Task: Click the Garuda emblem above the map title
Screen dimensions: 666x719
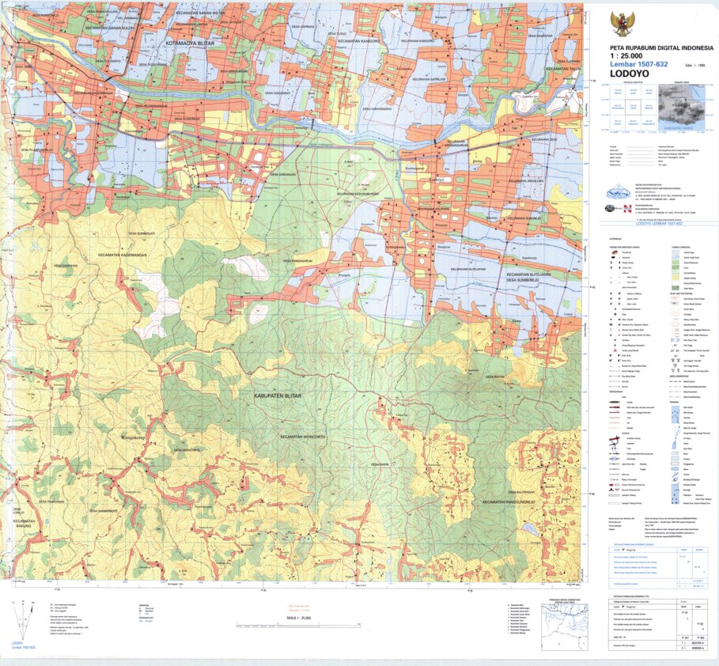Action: (623, 23)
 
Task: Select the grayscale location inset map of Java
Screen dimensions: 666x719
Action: (679, 108)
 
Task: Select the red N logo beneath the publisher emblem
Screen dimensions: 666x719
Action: (626, 209)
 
